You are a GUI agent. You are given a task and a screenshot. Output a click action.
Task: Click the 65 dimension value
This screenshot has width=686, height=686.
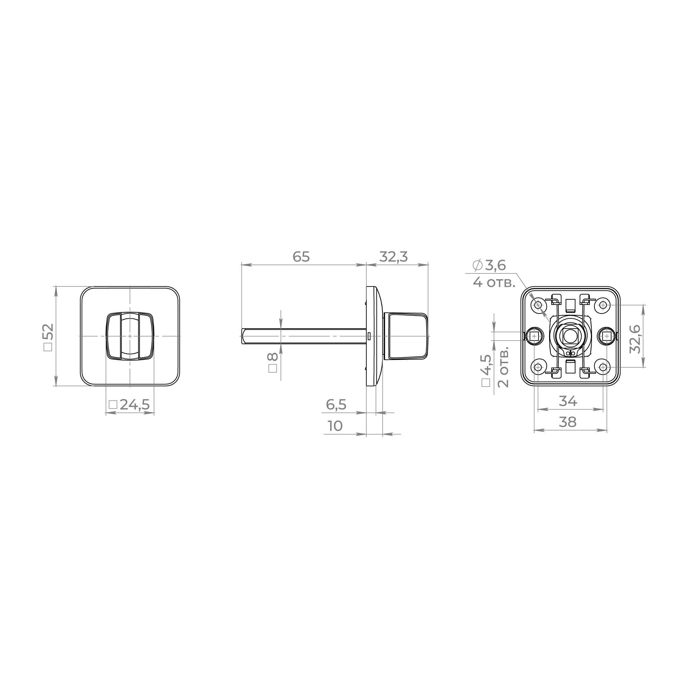pyautogui.click(x=301, y=257)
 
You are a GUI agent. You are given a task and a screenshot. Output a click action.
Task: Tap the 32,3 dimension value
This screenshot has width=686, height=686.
pyautogui.click(x=394, y=257)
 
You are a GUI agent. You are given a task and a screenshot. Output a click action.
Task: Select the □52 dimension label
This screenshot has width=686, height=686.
pyautogui.click(x=48, y=336)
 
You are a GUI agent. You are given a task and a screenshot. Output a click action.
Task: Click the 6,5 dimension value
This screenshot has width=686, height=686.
pyautogui.click(x=336, y=405)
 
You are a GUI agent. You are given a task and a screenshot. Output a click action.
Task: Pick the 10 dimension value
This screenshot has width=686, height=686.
pyautogui.click(x=335, y=426)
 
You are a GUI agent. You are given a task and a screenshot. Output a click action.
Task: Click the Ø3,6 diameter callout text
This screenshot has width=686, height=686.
pyautogui.click(x=489, y=265)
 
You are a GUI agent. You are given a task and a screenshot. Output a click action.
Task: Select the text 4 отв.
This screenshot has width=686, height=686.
pyautogui.click(x=494, y=283)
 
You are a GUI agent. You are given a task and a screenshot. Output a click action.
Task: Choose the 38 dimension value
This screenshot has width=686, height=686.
pyautogui.click(x=567, y=422)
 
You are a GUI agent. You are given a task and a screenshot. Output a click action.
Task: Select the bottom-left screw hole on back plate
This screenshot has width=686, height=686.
pyautogui.click(x=538, y=367)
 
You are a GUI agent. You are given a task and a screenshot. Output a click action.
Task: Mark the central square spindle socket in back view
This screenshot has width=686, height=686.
pyautogui.click(x=571, y=335)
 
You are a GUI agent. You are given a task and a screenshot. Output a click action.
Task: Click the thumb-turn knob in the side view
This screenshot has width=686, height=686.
pyautogui.click(x=407, y=335)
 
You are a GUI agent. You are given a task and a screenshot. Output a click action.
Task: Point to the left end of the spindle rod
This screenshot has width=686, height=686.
pyautogui.click(x=243, y=336)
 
